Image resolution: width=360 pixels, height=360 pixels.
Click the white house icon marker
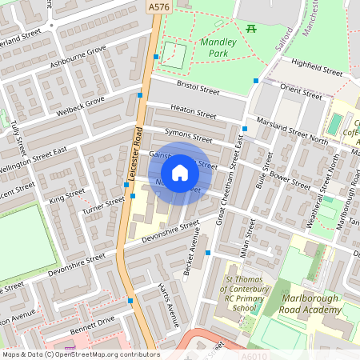coord(180,172)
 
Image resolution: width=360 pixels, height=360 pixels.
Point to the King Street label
coord(66,195)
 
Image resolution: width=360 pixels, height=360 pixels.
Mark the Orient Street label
coord(301,91)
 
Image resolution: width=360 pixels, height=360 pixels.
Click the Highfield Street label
coord(317,66)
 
